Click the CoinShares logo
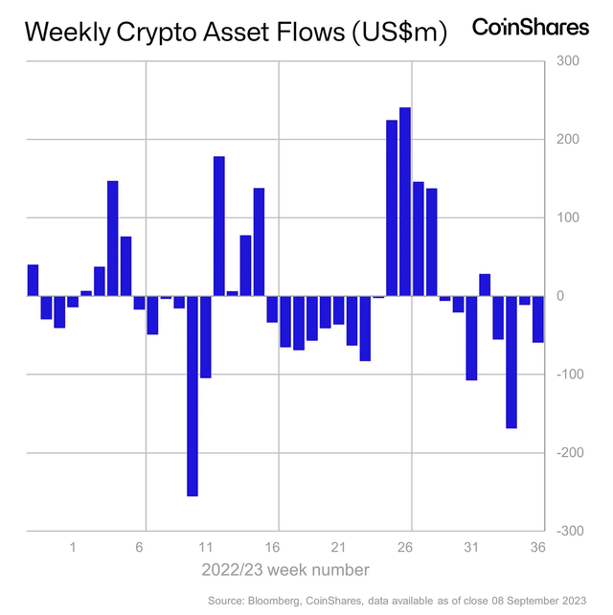coord(531,28)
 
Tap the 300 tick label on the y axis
coord(569,61)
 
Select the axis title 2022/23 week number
coord(285,570)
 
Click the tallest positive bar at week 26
coord(405,201)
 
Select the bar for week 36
coord(538,318)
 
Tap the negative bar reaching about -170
coord(511,361)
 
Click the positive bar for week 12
coord(218,226)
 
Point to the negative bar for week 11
coord(205,336)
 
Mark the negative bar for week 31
coord(471,337)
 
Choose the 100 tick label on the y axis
coord(569,217)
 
